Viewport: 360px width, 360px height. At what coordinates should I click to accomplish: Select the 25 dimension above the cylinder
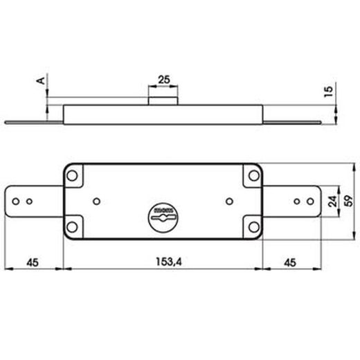click(163, 80)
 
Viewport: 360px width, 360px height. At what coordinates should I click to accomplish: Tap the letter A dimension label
click(41, 80)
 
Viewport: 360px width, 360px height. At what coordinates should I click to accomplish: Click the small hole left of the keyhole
click(96, 201)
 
